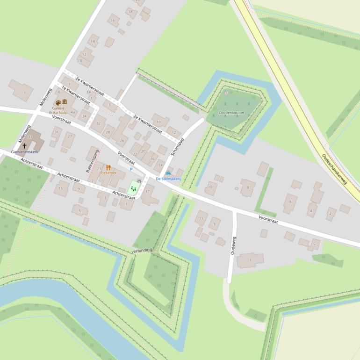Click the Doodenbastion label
tap(231, 113)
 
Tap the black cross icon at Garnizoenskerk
tap(24, 146)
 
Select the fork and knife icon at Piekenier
tap(108, 167)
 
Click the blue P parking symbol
tap(131, 169)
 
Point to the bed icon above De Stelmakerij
tap(168, 173)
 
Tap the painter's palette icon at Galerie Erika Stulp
tap(58, 102)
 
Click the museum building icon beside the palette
tap(65, 102)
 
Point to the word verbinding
tap(142, 250)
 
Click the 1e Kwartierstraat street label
tap(76, 95)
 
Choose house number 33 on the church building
tap(30, 137)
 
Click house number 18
tap(130, 12)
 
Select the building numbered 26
tap(122, 140)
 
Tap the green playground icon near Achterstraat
tap(134, 188)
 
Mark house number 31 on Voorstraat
tap(57, 132)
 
